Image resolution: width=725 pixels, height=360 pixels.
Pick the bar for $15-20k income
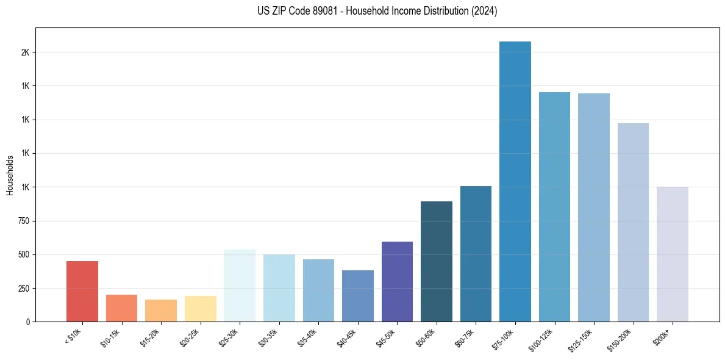pyautogui.click(x=161, y=310)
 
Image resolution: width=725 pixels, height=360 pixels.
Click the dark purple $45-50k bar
pyautogui.click(x=397, y=281)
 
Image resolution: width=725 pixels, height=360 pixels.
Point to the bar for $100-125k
pyautogui.click(x=554, y=207)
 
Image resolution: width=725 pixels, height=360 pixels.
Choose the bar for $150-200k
pyautogui.click(x=633, y=222)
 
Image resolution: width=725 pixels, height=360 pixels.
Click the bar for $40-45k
pyautogui.click(x=358, y=295)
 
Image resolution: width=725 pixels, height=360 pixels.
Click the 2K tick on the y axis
pyautogui.click(x=25, y=52)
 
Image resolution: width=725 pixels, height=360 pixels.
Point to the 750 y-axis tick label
pyautogui.click(x=24, y=221)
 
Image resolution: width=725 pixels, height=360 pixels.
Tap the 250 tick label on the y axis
pyautogui.click(x=24, y=288)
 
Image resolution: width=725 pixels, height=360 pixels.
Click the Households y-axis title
pyautogui.click(x=10, y=175)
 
